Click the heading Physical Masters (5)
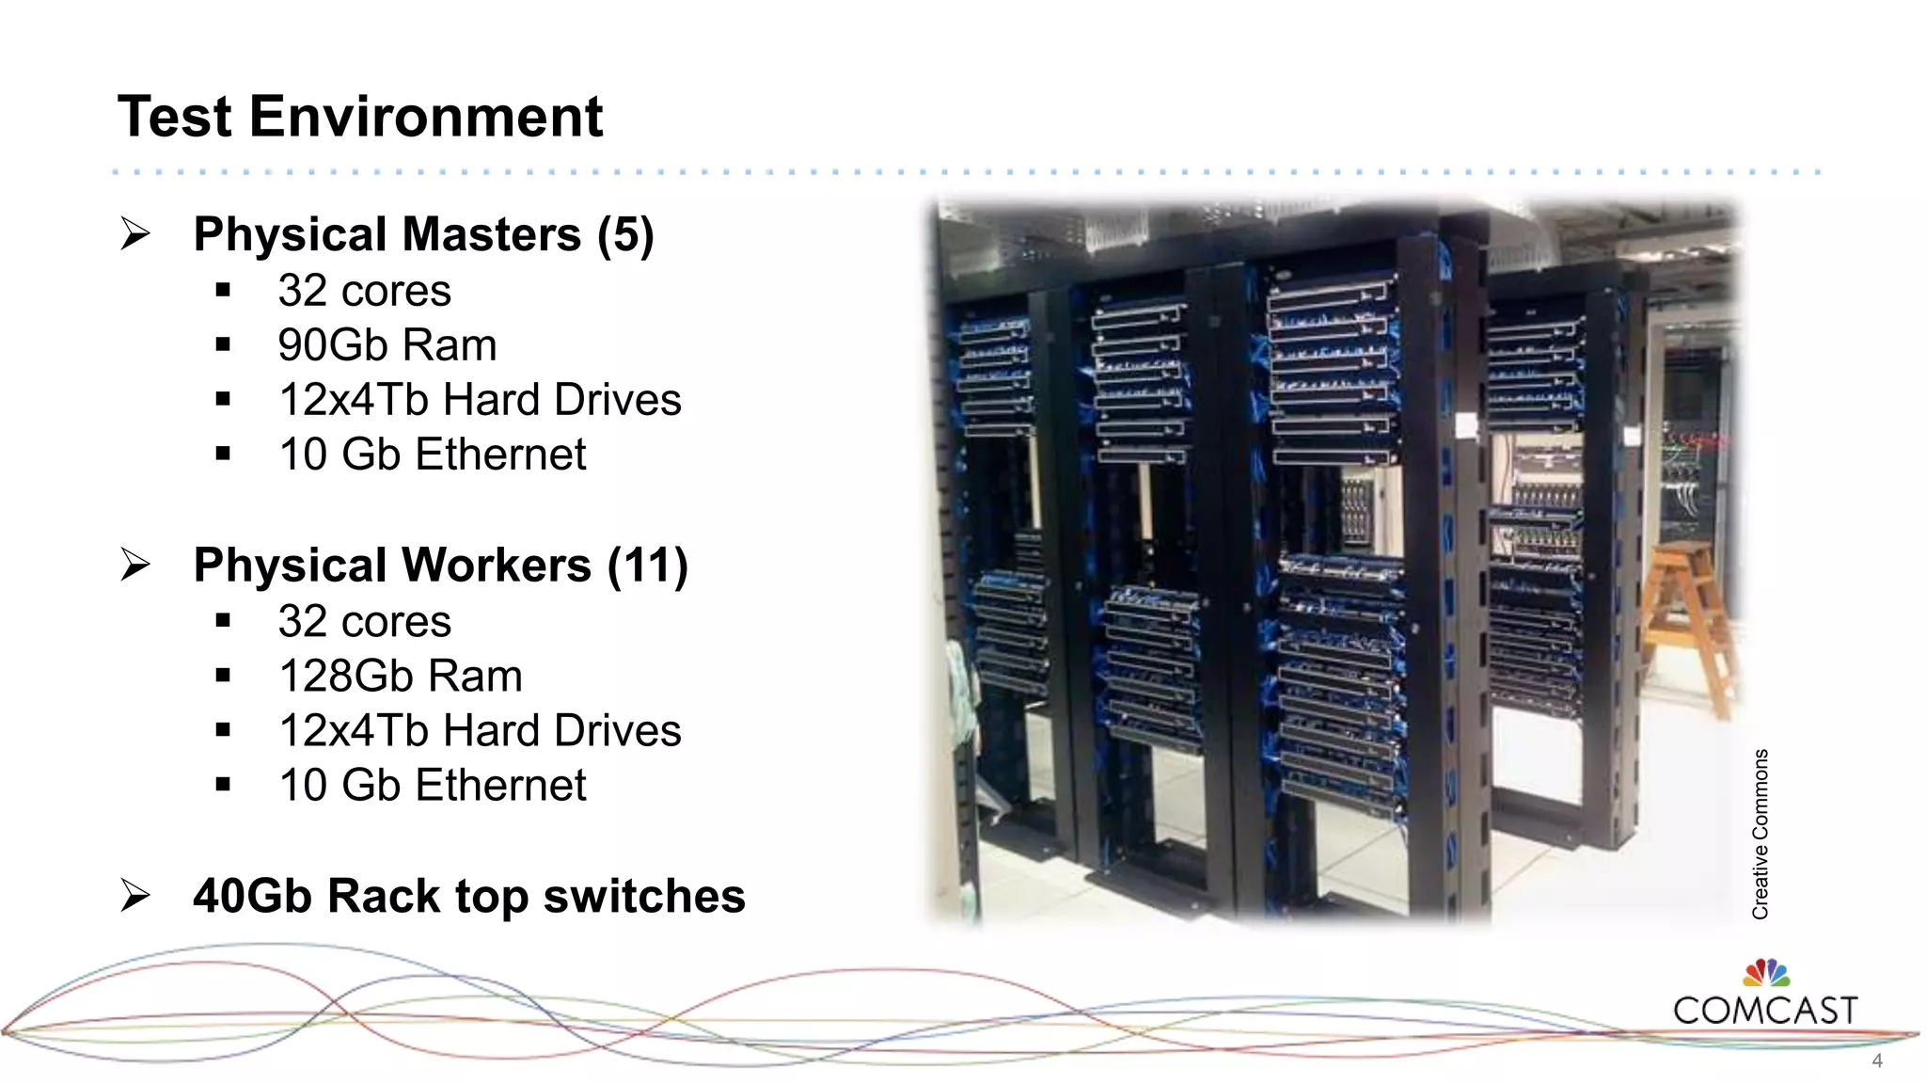[423, 234]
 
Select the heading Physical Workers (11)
[440, 566]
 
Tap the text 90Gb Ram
[387, 345]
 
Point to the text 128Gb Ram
[400, 677]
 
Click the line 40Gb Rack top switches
[468, 896]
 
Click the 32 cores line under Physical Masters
[364, 291]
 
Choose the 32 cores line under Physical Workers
[364, 622]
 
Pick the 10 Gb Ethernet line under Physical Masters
[432, 454]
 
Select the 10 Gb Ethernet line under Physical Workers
[432, 786]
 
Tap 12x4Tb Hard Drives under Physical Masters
[480, 400]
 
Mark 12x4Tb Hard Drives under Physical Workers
[480, 731]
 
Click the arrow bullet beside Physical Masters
[135, 233]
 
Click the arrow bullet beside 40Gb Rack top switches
[135, 895]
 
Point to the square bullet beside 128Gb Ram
[223, 676]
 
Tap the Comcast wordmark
[1765, 1011]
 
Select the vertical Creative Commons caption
[1760, 834]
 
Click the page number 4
[1877, 1061]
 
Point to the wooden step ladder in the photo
[1688, 621]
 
